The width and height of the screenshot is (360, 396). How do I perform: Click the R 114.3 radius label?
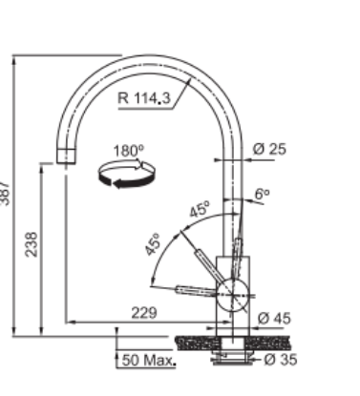point(144,97)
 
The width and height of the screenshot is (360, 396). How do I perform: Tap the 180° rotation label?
point(129,151)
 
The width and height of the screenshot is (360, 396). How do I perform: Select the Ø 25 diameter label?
point(269,149)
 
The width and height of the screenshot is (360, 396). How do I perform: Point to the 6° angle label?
point(263,194)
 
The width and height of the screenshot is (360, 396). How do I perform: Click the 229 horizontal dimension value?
point(144,313)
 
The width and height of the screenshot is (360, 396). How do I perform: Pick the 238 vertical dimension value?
point(32,244)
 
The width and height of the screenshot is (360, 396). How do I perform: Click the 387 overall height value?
point(5,194)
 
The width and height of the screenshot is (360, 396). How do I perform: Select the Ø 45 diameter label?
point(274,319)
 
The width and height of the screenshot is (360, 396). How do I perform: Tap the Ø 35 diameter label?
point(281,360)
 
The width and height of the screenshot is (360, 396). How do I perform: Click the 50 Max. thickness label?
point(149,361)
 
